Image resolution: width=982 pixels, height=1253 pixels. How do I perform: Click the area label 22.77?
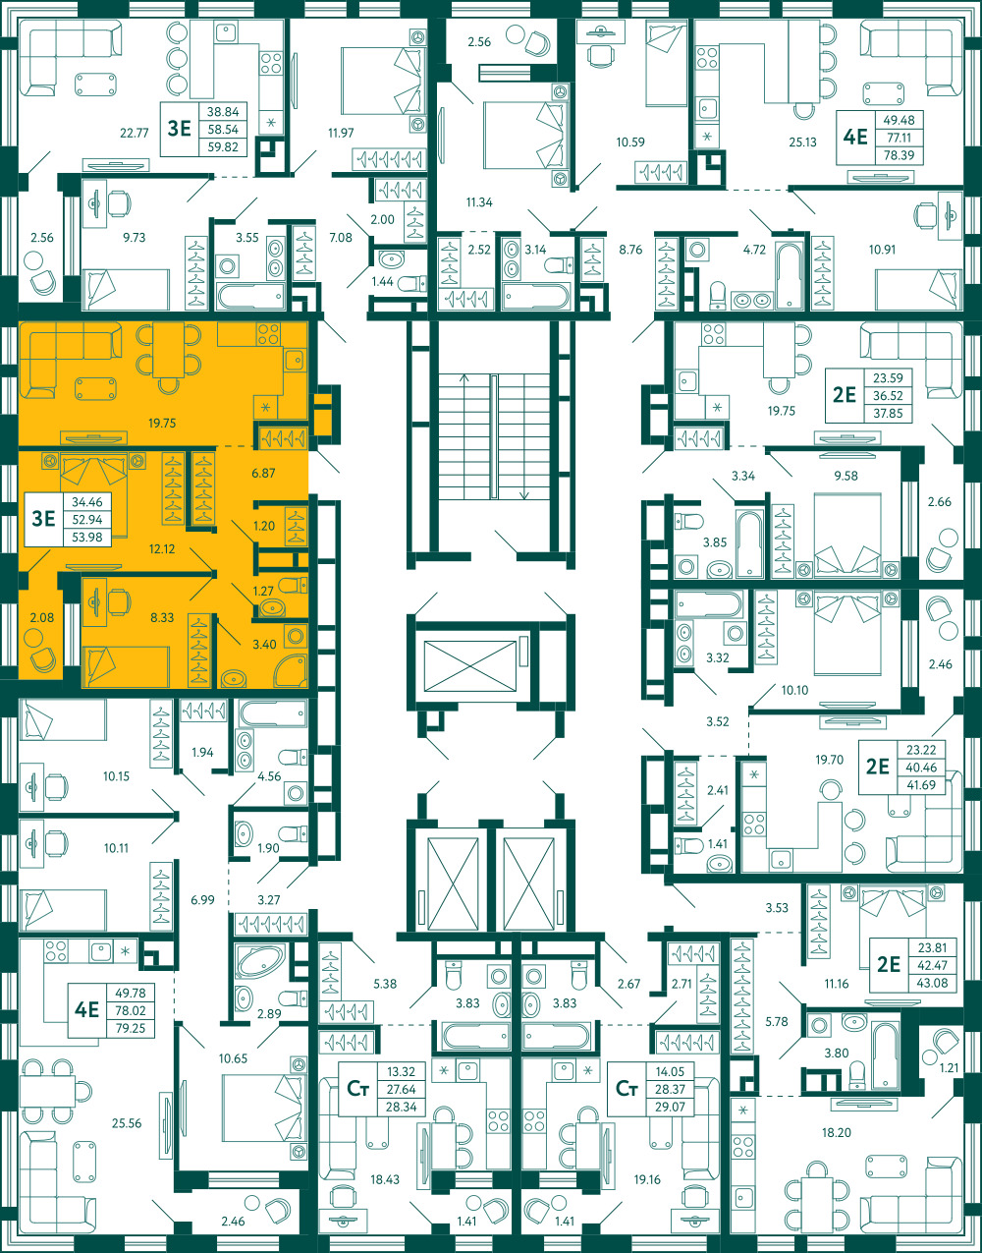[135, 134]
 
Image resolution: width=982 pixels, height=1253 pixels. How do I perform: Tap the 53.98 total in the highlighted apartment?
[87, 537]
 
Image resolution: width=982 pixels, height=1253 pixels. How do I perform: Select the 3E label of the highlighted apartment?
[44, 519]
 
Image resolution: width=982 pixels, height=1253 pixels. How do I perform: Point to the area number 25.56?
[127, 1123]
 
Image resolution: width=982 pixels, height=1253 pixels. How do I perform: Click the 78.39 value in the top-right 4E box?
[899, 155]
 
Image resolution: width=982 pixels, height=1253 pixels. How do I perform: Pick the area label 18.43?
[385, 1179]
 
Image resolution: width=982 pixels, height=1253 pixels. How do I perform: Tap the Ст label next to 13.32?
[357, 1088]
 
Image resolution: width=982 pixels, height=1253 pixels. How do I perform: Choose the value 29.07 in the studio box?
[670, 1107]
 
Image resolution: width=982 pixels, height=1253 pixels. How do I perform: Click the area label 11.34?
[479, 202]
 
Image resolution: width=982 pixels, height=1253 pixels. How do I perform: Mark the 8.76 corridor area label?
[630, 250]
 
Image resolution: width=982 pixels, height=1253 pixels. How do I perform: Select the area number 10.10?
[794, 690]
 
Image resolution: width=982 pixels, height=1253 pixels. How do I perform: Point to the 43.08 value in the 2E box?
[932, 983]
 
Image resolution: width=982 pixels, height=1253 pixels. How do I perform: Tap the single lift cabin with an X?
[470, 665]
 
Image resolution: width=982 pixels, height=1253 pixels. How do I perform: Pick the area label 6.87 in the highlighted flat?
[263, 474]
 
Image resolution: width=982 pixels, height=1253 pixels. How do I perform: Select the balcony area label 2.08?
[42, 617]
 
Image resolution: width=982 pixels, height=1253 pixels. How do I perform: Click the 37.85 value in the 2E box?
[888, 413]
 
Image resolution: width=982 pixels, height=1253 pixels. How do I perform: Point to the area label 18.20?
[837, 1132]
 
